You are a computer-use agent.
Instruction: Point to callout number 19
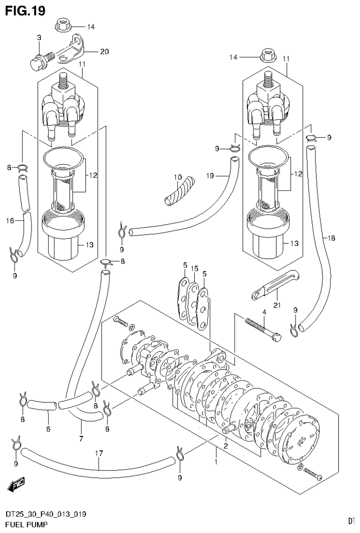(211, 176)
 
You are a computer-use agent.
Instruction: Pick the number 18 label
(331, 238)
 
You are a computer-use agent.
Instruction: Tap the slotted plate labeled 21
(270, 286)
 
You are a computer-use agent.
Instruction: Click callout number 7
(81, 439)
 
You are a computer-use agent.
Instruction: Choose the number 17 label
(99, 453)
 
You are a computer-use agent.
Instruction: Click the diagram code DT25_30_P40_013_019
(46, 515)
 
